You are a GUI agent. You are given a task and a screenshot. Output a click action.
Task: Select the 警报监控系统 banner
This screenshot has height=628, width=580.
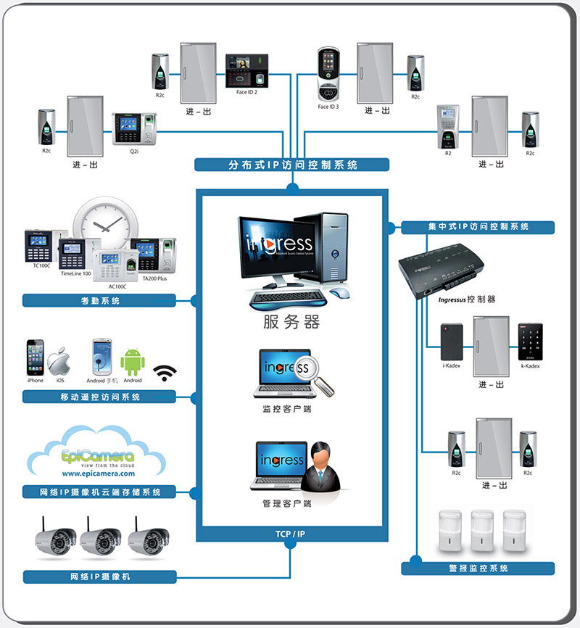point(478,568)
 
